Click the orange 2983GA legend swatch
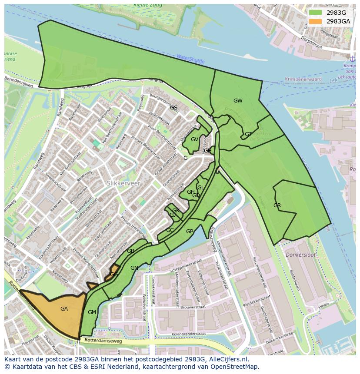[x=316, y=21]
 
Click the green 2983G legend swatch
[x=316, y=13]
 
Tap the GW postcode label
[x=238, y=101]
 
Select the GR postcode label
[x=277, y=205]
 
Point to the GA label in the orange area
[x=64, y=309]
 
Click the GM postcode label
[x=92, y=312]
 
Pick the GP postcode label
[x=190, y=232]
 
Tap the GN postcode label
[x=134, y=268]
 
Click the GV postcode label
[x=194, y=139]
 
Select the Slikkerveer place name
[x=123, y=184]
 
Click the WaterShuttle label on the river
[x=190, y=59]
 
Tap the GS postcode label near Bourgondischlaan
[x=173, y=107]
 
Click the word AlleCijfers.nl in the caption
[x=227, y=359]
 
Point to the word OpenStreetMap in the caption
[x=235, y=367]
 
